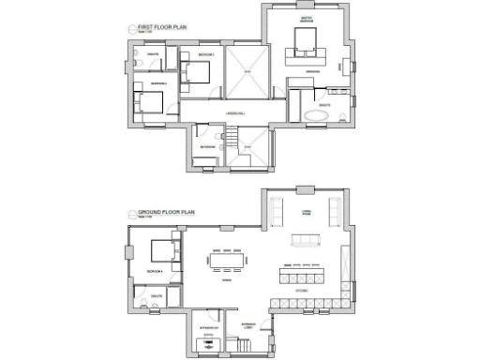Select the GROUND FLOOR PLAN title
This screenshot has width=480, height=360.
(165, 214)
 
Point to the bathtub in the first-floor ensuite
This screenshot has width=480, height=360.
(312, 116)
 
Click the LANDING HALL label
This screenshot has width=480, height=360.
(234, 113)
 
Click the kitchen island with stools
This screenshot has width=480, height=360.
(302, 278)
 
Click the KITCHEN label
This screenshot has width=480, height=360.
(301, 292)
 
